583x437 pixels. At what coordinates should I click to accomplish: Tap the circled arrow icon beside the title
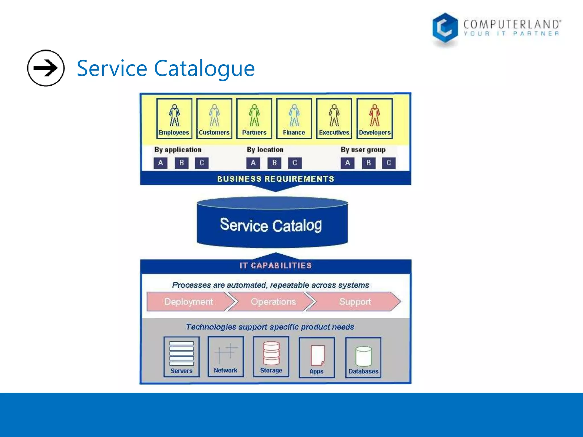click(46, 68)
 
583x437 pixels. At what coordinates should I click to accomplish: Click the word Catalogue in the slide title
click(204, 68)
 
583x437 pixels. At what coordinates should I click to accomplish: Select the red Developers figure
click(374, 115)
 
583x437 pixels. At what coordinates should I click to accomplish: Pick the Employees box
click(174, 119)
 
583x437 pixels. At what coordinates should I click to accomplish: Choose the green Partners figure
click(254, 115)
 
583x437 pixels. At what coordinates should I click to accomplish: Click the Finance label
click(294, 133)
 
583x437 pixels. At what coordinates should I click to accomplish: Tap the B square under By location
click(274, 163)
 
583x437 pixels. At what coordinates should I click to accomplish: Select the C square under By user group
click(389, 163)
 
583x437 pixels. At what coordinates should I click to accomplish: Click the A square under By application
click(161, 163)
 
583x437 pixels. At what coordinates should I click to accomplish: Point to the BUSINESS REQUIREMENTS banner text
click(275, 179)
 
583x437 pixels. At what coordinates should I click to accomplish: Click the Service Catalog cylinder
click(272, 225)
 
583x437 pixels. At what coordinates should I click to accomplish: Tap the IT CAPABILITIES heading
click(275, 266)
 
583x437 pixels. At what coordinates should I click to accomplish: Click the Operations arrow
click(273, 302)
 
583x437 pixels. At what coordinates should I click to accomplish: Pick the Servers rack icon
click(182, 353)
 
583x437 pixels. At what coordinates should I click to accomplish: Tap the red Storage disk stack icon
click(271, 353)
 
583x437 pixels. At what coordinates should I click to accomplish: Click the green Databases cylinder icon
click(364, 356)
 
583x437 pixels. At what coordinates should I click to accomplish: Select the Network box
click(226, 357)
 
